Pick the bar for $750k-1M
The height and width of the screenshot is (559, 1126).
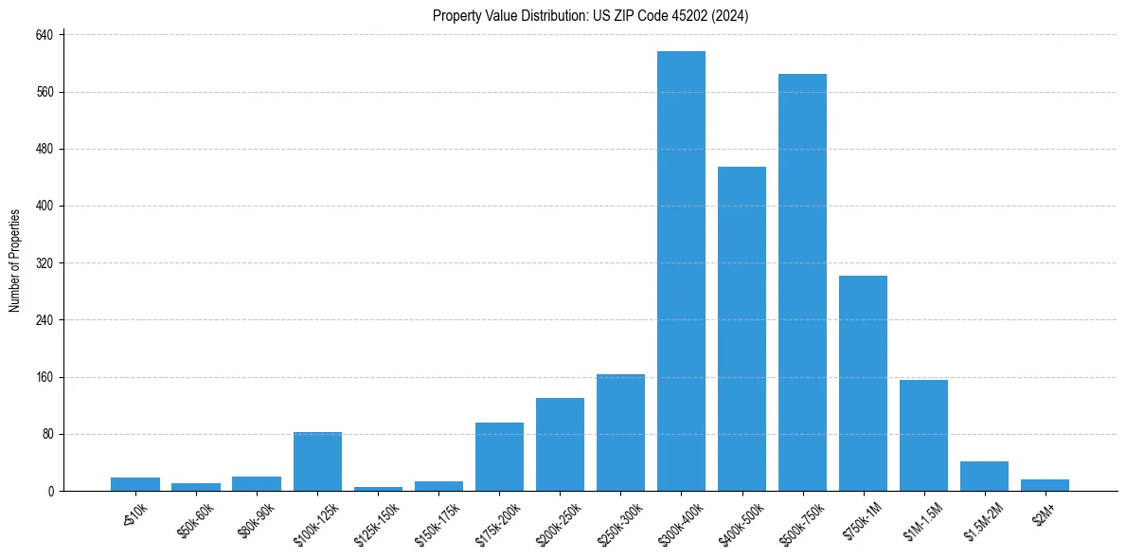pos(863,383)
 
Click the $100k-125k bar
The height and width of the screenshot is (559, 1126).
pos(317,461)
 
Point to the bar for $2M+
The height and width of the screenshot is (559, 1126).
pos(1045,485)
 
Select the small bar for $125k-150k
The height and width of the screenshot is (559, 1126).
pos(378,489)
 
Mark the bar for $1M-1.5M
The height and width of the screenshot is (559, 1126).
pos(923,435)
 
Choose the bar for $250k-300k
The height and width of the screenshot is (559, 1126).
pos(620,432)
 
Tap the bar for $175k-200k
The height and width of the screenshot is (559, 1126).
pos(499,457)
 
